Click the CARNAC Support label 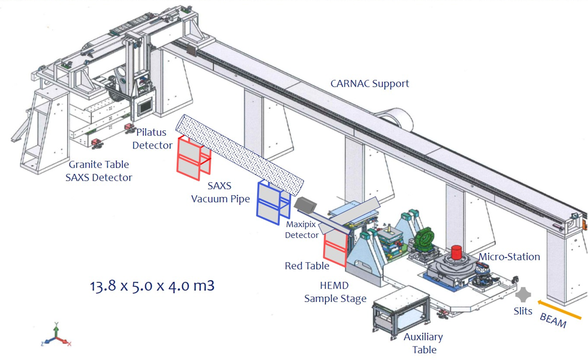369,83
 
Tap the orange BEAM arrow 559,310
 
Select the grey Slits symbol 523,295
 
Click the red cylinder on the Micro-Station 456,253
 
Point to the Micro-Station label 509,256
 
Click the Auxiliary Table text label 423,343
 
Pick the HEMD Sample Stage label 335,292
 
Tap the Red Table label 307,265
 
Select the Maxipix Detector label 302,229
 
